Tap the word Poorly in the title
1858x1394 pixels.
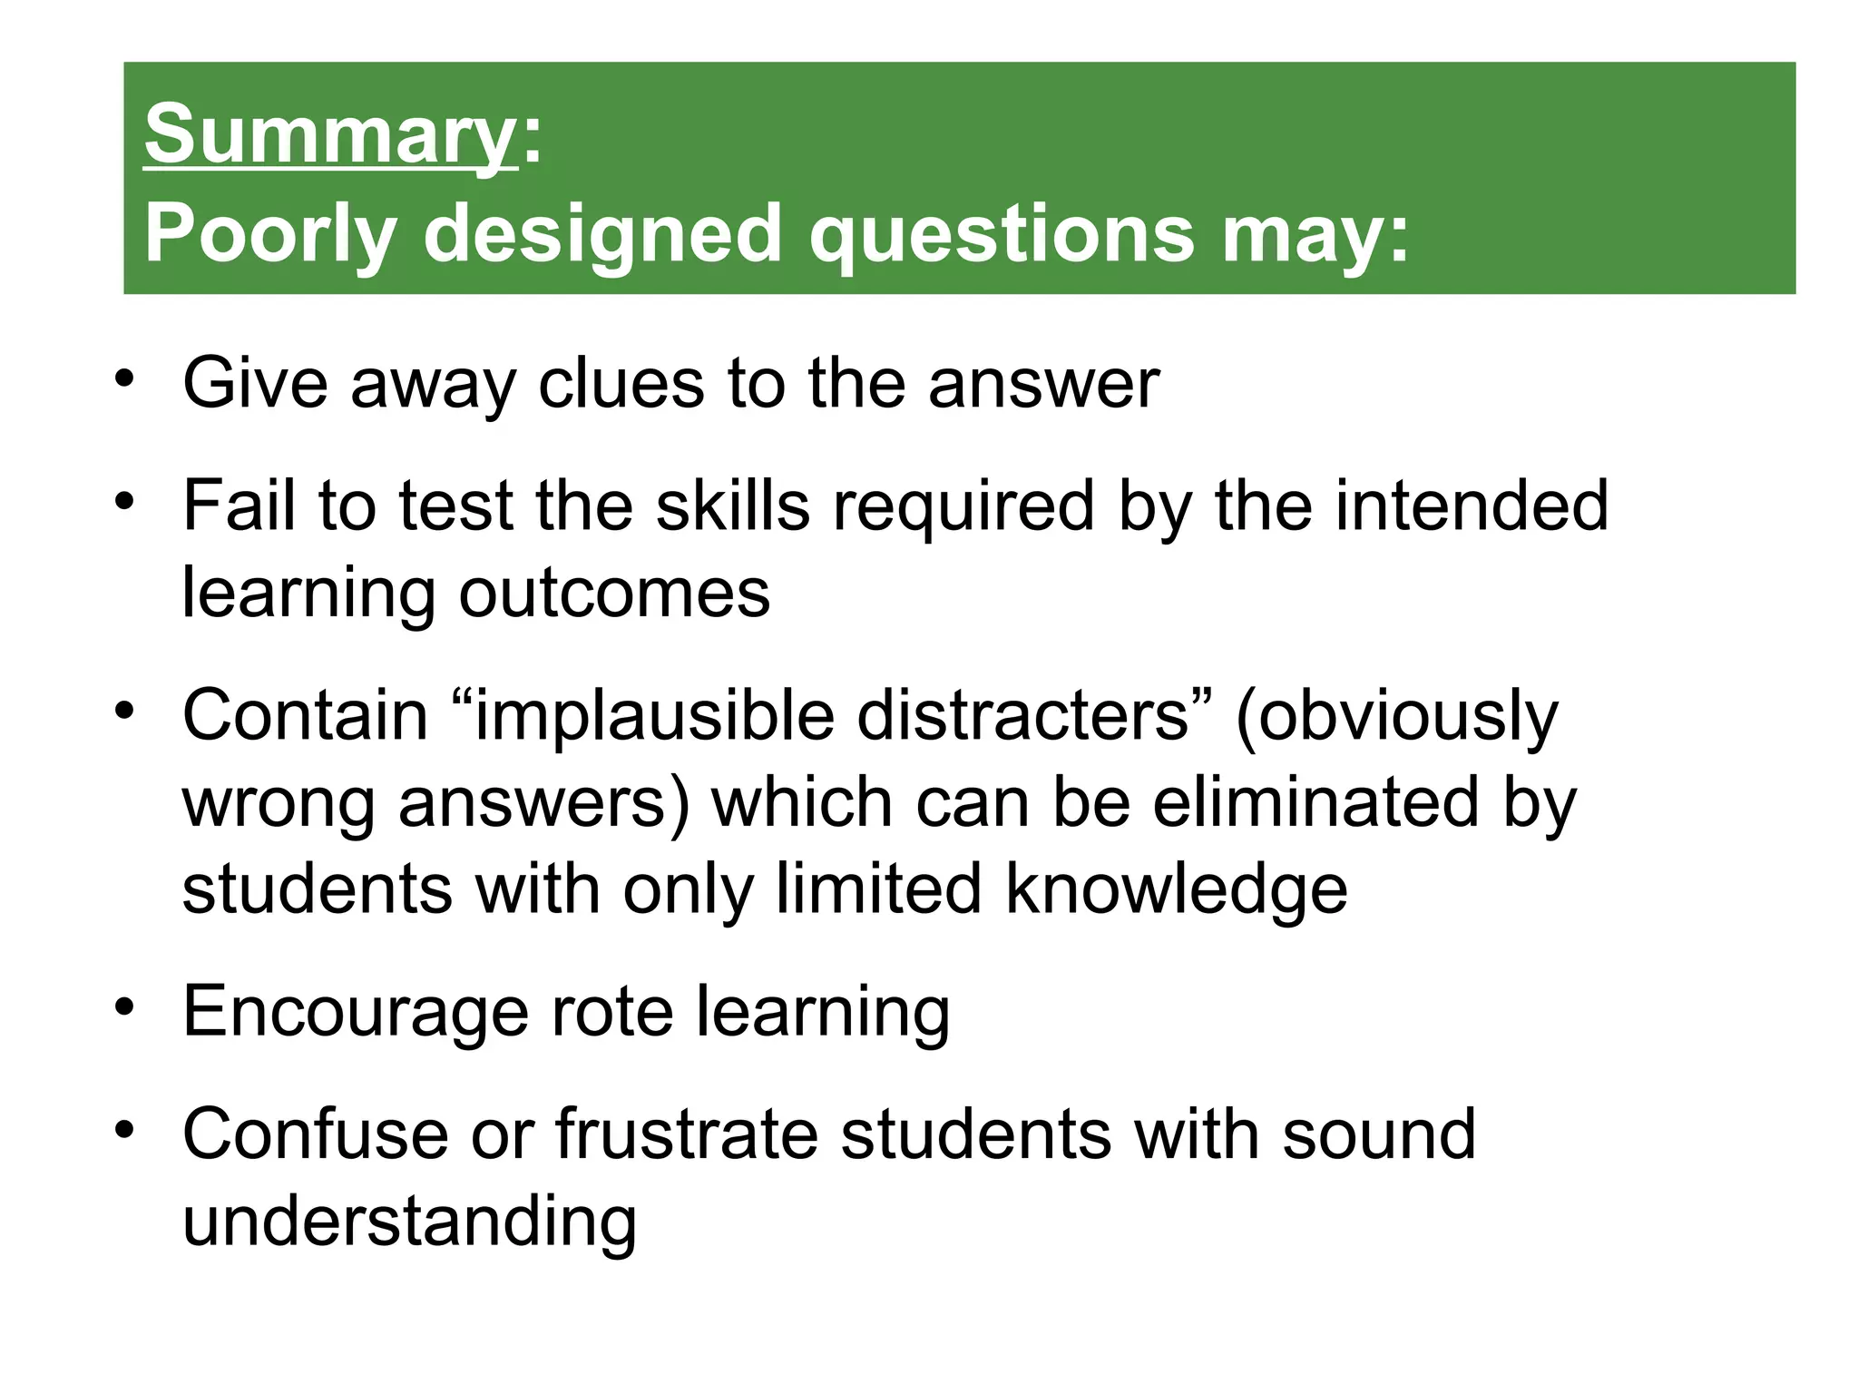click(270, 234)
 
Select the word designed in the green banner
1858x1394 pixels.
click(601, 234)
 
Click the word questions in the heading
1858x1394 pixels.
click(1002, 234)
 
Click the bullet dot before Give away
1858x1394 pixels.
click(124, 377)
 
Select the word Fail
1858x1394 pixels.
click(239, 505)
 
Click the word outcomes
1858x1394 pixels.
click(614, 593)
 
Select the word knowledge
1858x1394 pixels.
click(1177, 889)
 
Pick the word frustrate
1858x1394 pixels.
click(686, 1134)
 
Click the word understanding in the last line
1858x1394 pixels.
click(409, 1222)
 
